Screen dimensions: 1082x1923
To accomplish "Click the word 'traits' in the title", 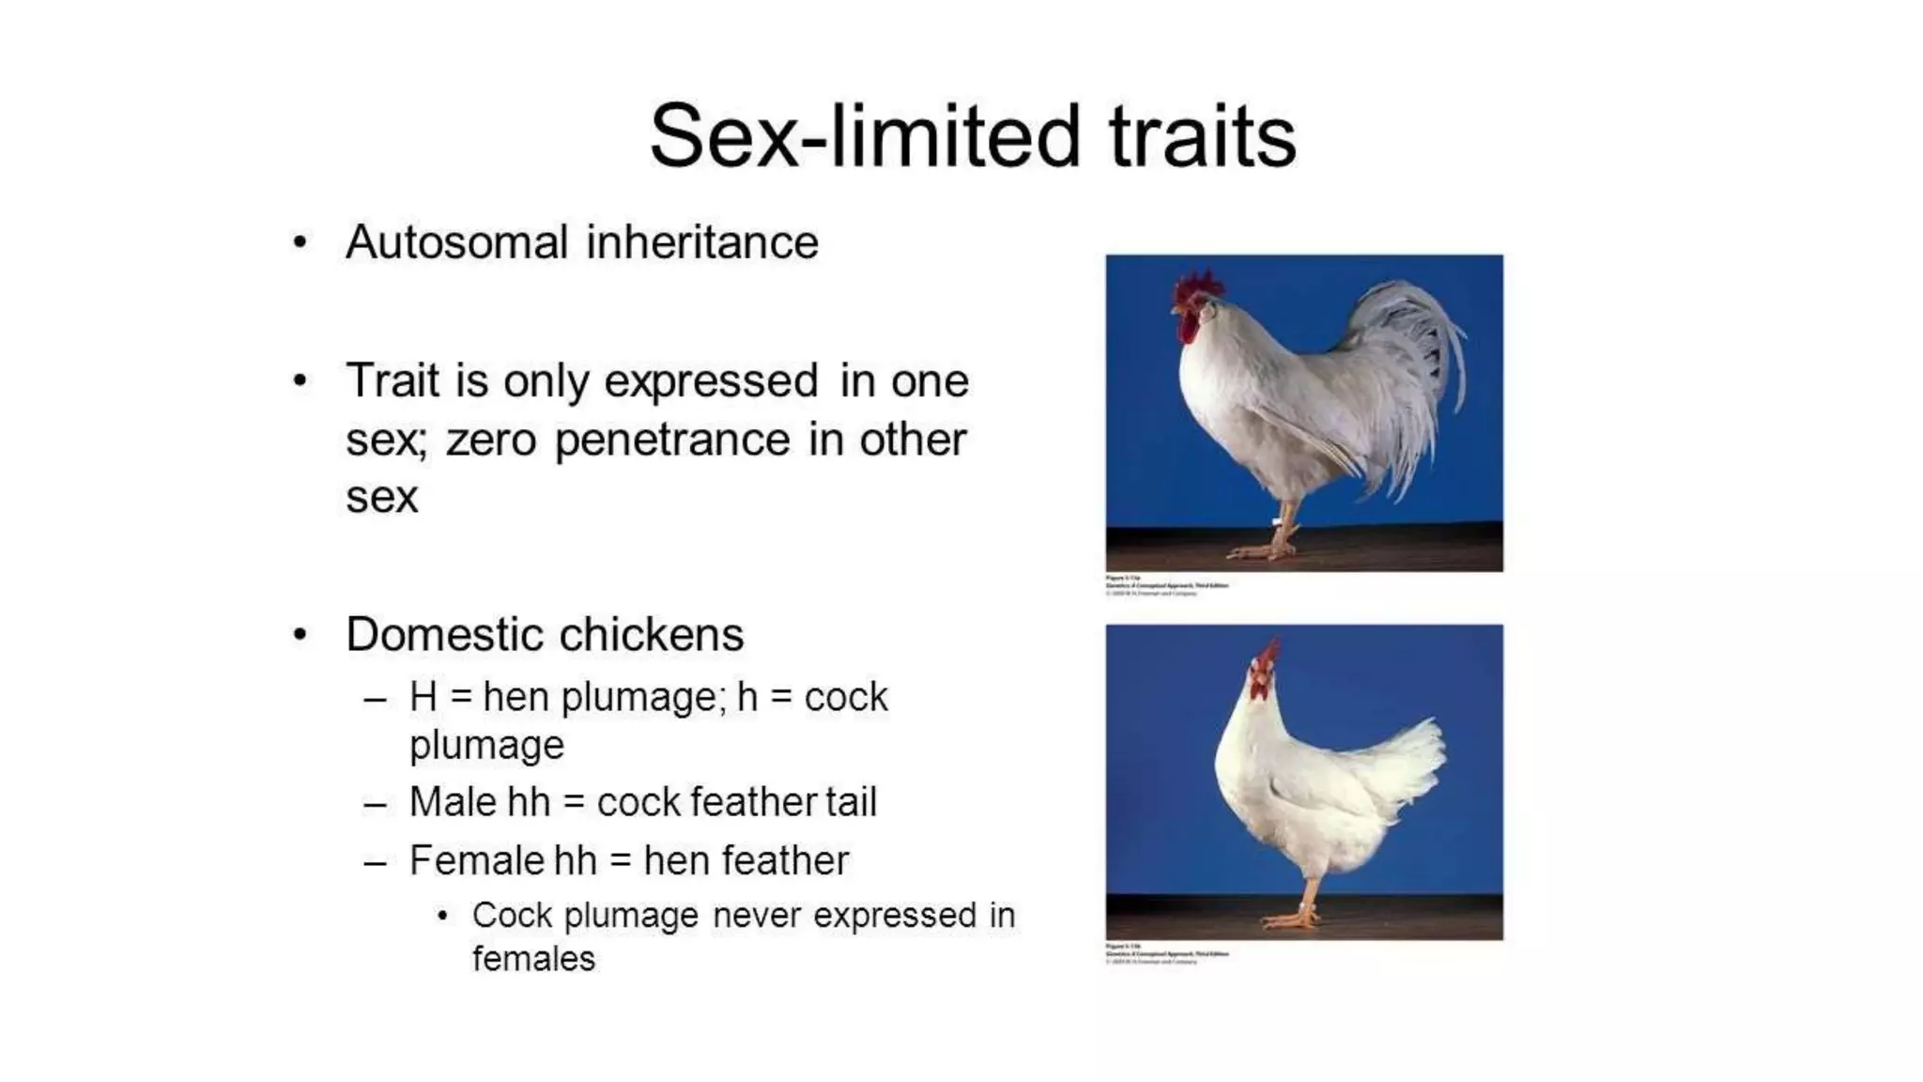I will click(1202, 137).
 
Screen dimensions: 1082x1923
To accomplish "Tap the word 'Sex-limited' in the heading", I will click(864, 137).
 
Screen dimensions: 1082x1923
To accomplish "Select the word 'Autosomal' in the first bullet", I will click(456, 242).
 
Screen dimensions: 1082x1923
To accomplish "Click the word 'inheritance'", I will click(702, 242).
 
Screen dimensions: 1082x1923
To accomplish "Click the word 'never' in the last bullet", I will click(755, 916).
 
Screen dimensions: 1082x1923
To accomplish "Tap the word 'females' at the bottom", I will click(533, 959).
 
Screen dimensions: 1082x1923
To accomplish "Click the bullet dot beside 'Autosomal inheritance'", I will click(300, 242).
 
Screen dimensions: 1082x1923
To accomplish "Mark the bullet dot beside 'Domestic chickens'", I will click(300, 635).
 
